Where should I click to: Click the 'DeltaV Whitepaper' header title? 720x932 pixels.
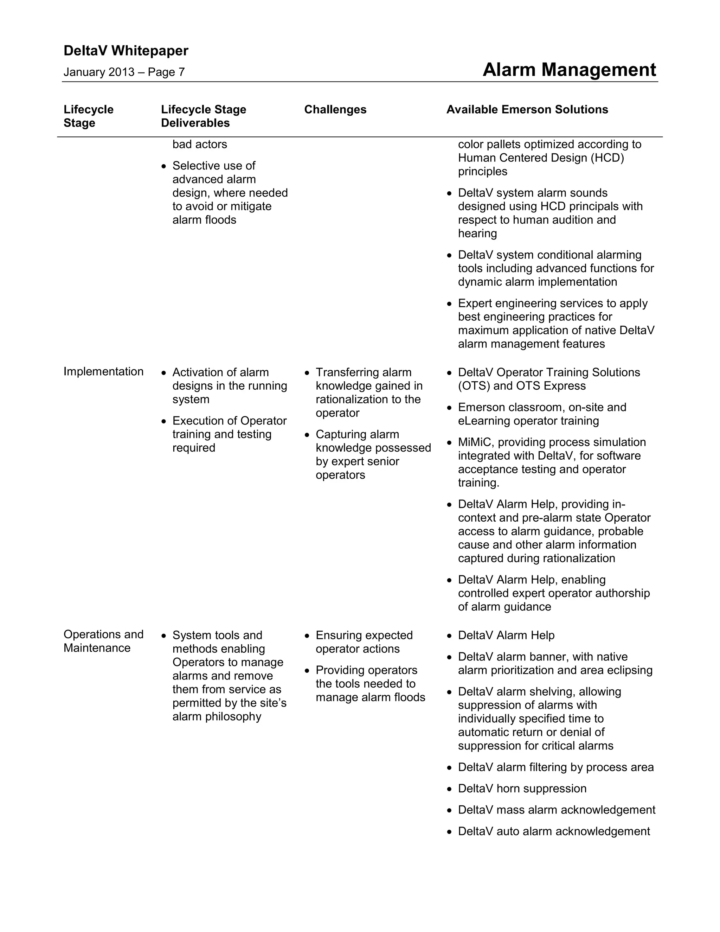tap(126, 51)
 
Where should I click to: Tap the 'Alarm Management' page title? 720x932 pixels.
tap(569, 70)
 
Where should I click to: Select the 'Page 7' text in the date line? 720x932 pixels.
tap(166, 72)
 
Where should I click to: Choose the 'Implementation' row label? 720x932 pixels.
tap(103, 372)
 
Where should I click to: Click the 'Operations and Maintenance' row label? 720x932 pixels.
tap(103, 641)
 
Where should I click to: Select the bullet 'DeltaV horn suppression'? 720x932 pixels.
tap(522, 788)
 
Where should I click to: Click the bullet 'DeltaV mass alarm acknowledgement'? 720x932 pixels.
tap(556, 810)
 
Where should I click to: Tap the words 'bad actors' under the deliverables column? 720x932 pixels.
tap(200, 144)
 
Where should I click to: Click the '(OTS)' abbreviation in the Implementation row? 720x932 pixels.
tap(474, 386)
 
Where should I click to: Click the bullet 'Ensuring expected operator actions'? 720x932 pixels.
tap(364, 642)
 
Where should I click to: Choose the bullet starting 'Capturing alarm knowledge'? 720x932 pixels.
tap(373, 454)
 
